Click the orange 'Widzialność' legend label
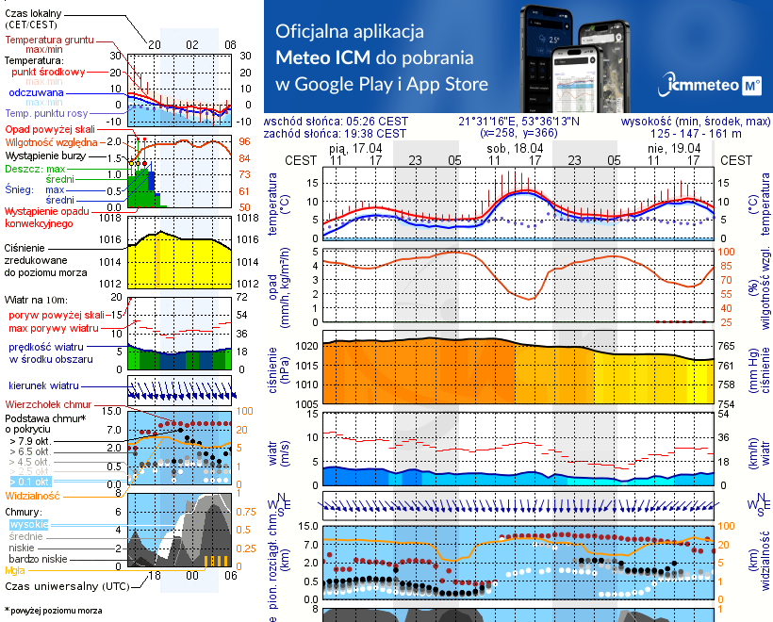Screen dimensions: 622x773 (x=33, y=495)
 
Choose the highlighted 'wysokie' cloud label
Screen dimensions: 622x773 (x=28, y=524)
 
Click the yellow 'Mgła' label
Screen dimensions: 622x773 (x=14, y=570)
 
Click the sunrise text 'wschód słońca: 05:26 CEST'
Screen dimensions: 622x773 (x=336, y=122)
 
